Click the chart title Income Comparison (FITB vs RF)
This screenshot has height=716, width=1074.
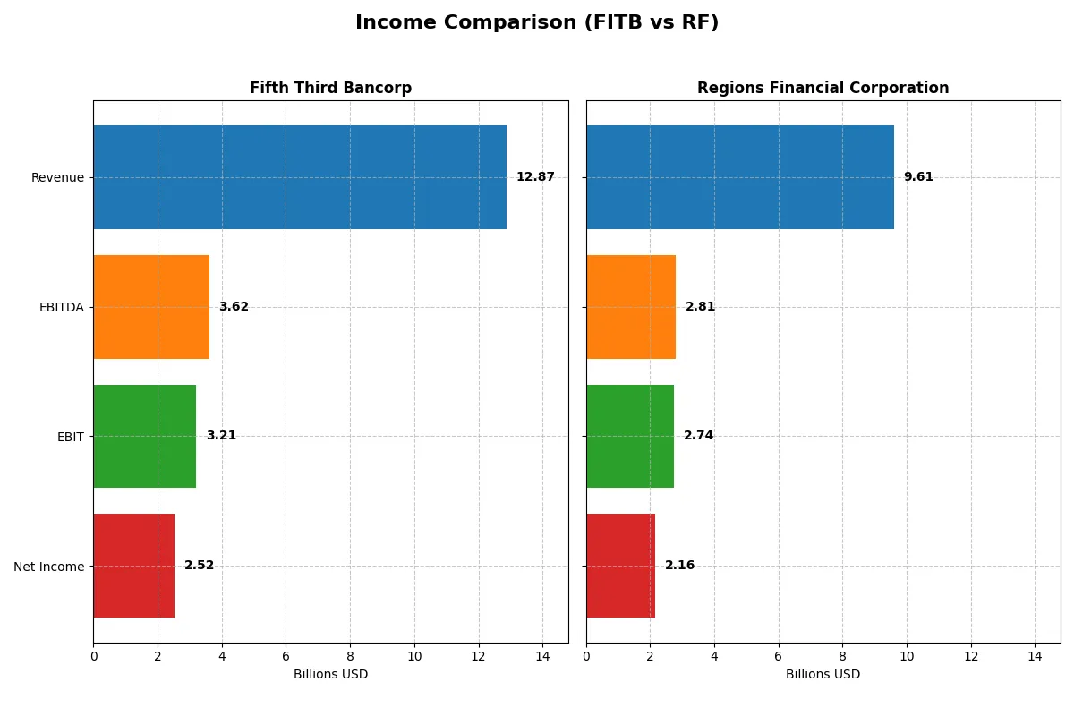[537, 22]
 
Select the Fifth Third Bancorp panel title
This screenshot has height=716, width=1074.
[330, 88]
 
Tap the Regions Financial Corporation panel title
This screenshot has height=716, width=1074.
[823, 88]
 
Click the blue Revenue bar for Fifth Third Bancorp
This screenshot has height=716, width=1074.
[300, 177]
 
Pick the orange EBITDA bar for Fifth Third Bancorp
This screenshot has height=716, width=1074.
[151, 307]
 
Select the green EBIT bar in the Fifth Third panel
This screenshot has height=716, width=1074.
[144, 436]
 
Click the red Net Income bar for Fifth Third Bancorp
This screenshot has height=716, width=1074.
[133, 566]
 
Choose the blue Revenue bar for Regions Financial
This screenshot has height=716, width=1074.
[740, 177]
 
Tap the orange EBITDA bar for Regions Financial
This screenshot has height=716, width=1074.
[631, 307]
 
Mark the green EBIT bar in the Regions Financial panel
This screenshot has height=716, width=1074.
[630, 436]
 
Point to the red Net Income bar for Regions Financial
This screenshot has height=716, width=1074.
[620, 566]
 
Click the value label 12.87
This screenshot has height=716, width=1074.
[535, 177]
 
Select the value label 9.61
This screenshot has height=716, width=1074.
[918, 177]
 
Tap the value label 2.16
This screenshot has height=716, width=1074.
[679, 566]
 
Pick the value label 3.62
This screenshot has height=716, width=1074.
[234, 307]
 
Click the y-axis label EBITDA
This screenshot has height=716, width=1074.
[61, 307]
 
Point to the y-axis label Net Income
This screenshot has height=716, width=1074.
[49, 567]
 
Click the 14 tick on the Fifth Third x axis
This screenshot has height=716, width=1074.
[542, 656]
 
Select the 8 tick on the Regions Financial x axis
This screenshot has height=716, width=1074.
[842, 656]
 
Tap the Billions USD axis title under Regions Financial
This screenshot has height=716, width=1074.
[823, 674]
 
